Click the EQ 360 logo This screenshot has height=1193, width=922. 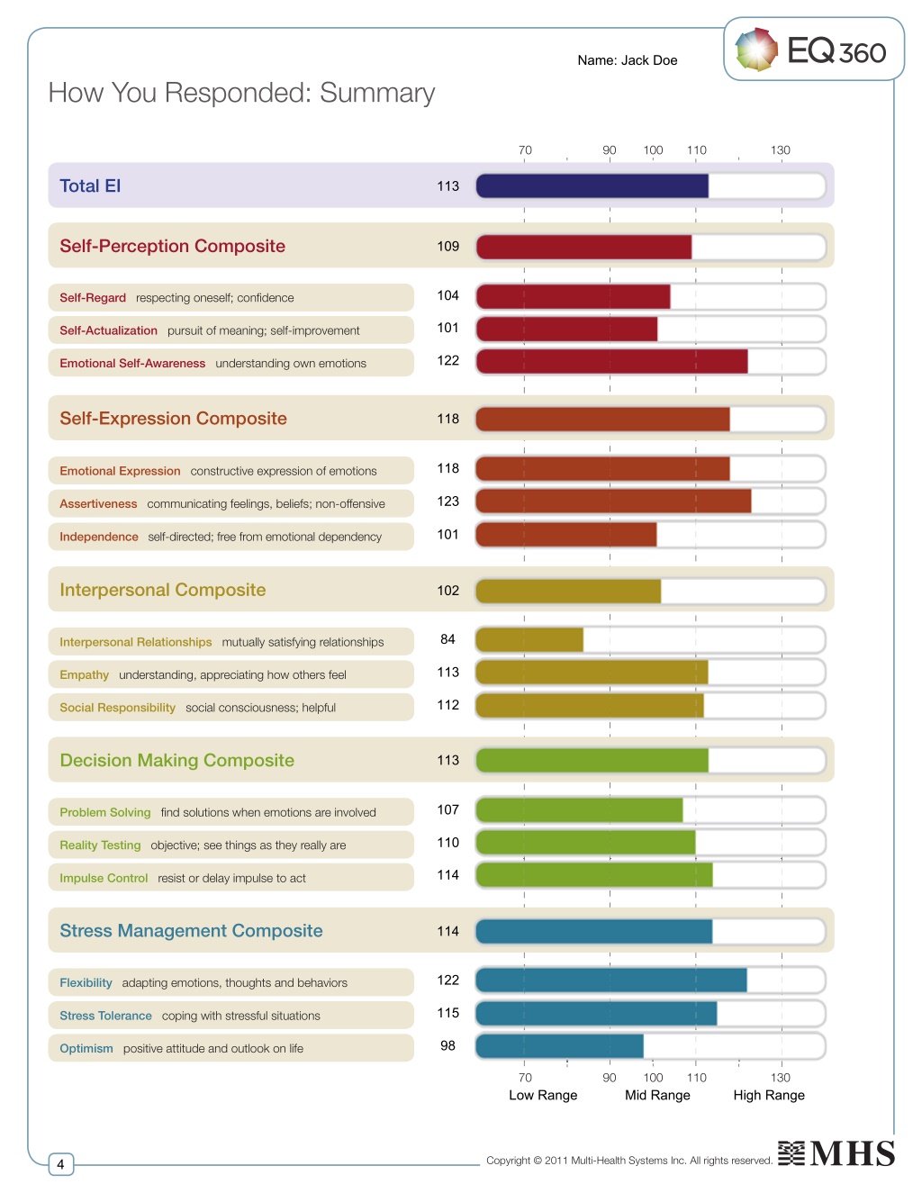pos(810,50)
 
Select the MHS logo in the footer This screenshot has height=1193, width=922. pos(836,1152)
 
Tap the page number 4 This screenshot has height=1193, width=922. pos(60,1164)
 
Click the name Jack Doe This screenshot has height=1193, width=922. pos(649,60)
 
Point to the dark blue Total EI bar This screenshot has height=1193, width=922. pos(592,186)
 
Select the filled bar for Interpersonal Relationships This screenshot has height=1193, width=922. pos(529,640)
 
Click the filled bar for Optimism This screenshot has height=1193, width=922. pos(560,1046)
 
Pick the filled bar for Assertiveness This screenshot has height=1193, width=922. pos(613,502)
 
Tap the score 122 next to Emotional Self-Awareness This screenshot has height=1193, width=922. pos(447,361)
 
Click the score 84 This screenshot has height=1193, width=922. pos(447,639)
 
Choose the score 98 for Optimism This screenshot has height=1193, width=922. pos(447,1045)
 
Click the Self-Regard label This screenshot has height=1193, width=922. pos(93,297)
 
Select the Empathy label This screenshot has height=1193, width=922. pos(85,674)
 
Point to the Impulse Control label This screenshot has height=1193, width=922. pos(104,878)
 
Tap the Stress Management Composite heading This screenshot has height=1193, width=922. pos(191,931)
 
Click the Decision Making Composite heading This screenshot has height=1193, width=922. pos(176,761)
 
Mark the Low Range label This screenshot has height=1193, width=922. pos(543,1095)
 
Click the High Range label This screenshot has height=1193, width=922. pos(769,1095)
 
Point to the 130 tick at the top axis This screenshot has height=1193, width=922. pos(781,149)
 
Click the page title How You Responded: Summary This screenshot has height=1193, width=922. pos(241,93)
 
